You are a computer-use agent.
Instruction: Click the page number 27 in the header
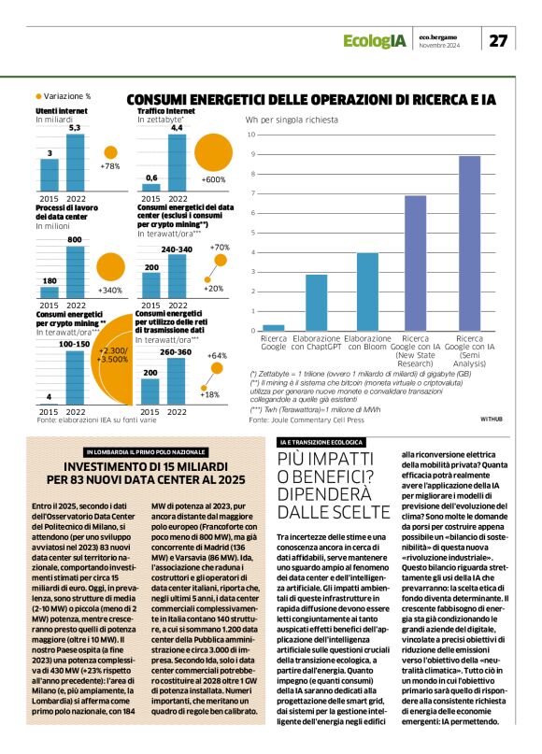(x=500, y=41)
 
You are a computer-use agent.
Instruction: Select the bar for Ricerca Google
(x=274, y=328)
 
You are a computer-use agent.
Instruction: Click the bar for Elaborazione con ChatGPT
(x=317, y=303)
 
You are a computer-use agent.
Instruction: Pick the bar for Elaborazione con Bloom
(x=367, y=292)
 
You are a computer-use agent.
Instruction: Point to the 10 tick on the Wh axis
(x=251, y=135)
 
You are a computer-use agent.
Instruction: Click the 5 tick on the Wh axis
(x=251, y=233)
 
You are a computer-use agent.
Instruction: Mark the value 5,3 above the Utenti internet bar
(x=75, y=127)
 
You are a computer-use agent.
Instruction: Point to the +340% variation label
(x=110, y=291)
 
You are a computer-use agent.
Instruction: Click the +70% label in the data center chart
(x=221, y=247)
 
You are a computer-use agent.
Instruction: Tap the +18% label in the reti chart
(x=212, y=395)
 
